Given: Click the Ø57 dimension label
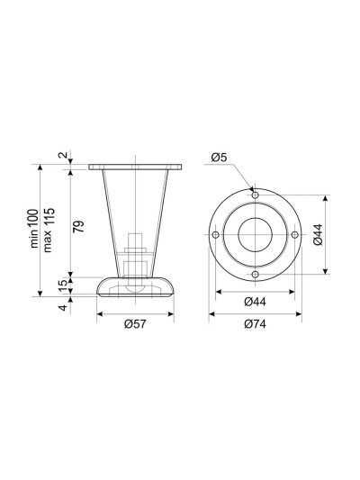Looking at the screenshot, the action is pos(135,324).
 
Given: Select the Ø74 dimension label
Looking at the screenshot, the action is pos(255,324).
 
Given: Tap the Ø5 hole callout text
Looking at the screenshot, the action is pos(219,158).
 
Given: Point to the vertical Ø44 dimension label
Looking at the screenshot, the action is pos(318,234).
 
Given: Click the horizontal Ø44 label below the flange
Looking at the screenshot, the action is pos(255,302).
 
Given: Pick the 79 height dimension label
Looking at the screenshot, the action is pos(78,226).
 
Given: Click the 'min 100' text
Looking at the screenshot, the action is pos(34,228).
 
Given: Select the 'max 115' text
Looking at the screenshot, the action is pos(49,230).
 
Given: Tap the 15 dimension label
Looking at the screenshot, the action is pos(62,286).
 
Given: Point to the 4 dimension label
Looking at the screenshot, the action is pos(62,307).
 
